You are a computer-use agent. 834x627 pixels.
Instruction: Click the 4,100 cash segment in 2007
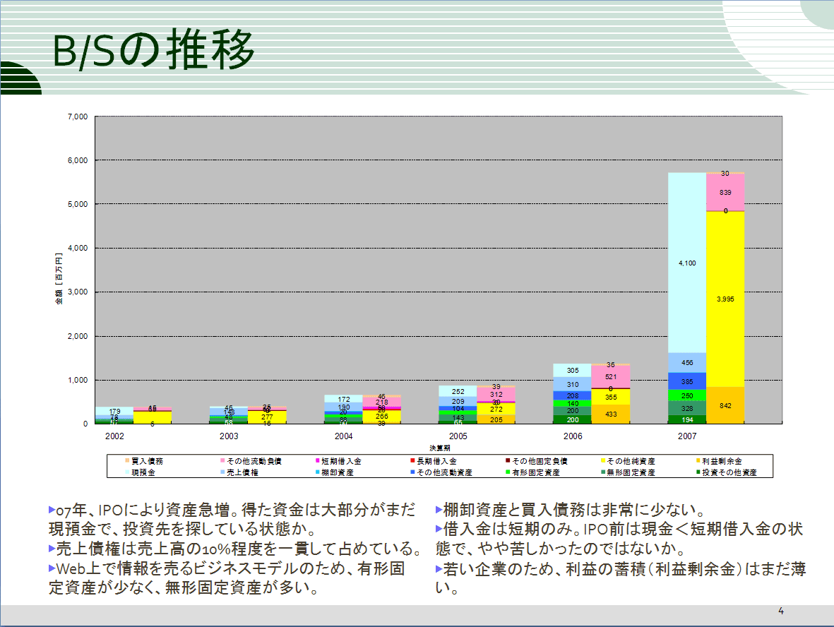point(687,263)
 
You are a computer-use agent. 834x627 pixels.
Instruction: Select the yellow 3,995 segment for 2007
point(725,299)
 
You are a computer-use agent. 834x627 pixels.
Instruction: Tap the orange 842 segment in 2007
point(725,405)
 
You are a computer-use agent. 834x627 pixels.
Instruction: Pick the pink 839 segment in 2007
point(725,192)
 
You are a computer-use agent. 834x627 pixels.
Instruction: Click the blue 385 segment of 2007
point(687,381)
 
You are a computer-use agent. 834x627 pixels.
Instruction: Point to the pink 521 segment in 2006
point(611,376)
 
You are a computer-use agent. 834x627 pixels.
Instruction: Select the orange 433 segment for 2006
point(611,414)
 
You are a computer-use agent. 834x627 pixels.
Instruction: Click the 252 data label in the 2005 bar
point(458,391)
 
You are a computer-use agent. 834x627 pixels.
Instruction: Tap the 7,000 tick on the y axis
point(77,117)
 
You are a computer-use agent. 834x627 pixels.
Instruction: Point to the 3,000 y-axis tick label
point(77,292)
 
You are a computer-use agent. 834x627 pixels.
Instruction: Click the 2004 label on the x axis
point(344,437)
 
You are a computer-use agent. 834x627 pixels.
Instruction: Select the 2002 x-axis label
point(114,437)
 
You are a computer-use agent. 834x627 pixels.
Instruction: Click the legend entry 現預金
point(144,472)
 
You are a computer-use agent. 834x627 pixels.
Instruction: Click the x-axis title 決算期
point(439,448)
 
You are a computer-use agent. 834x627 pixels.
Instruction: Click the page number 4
point(781,610)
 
